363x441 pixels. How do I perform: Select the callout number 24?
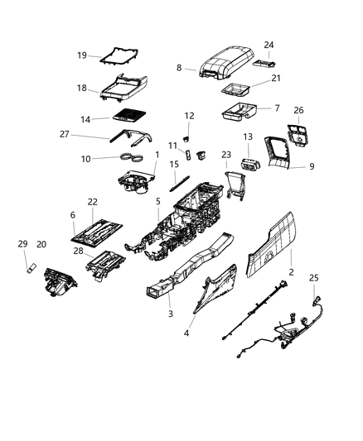(269, 45)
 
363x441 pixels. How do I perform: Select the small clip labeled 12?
(187, 130)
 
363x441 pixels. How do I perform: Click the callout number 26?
(299, 110)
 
